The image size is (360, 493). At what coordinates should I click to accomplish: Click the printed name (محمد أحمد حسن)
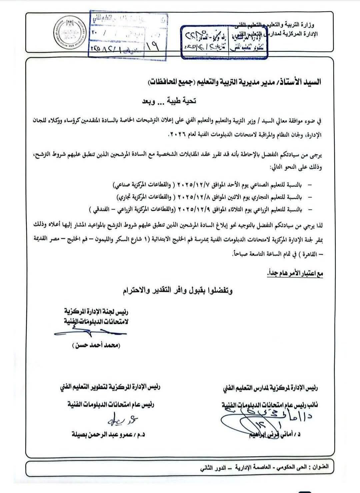[x=96, y=345]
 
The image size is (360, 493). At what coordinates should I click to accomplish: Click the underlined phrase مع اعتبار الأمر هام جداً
[x=295, y=274]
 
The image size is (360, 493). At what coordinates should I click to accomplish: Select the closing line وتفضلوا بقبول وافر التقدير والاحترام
[x=177, y=291]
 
